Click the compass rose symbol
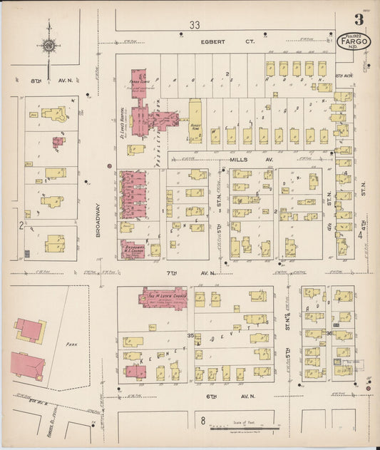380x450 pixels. pos(48,46)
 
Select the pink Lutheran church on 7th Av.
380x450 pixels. pos(163,296)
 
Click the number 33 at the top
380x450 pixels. pos(194,24)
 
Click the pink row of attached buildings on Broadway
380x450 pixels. pos(133,195)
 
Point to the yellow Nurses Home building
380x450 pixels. pos(195,114)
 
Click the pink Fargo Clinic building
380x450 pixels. pos(139,84)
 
